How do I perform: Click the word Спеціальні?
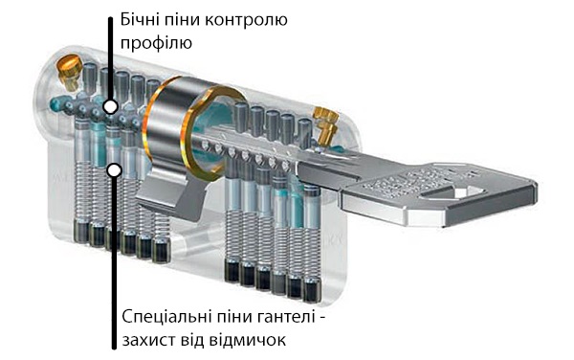pos(167,316)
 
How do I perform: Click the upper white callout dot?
pos(111,106)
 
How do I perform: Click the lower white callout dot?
pos(114,170)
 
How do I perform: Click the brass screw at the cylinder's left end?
pos(68,67)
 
